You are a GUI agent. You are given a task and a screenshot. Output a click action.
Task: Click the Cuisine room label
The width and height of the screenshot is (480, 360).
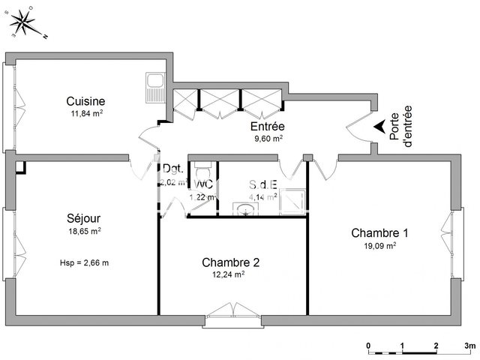click(x=85, y=101)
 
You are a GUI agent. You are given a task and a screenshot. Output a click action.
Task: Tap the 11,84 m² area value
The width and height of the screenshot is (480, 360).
click(x=85, y=114)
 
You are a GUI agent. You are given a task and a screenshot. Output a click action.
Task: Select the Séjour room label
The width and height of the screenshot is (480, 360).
click(x=83, y=219)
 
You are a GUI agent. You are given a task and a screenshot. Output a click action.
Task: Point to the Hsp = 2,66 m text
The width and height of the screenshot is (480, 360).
click(x=84, y=262)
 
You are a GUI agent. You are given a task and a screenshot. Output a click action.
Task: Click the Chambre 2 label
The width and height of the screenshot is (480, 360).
click(x=230, y=262)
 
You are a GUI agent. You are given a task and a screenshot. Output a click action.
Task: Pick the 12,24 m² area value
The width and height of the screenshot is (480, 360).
click(x=230, y=275)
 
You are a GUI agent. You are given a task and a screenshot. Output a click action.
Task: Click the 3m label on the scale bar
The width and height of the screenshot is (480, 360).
click(x=469, y=346)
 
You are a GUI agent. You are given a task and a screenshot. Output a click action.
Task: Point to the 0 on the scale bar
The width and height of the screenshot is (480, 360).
click(x=369, y=346)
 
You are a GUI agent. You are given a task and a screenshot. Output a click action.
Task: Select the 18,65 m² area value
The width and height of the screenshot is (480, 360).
click(x=84, y=232)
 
